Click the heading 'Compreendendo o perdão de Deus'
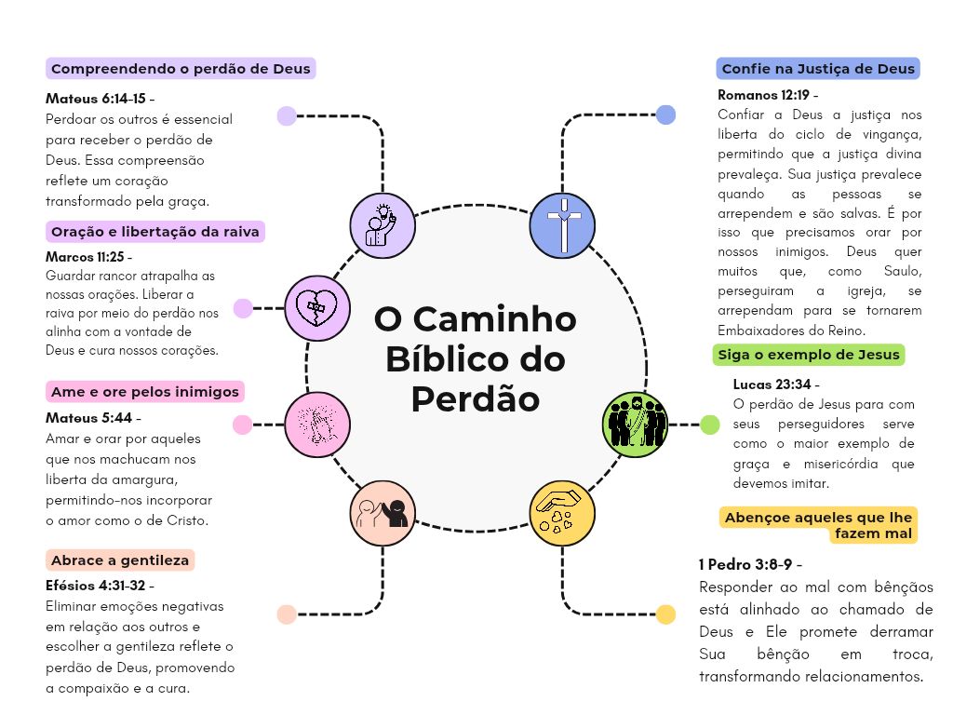pos(181,69)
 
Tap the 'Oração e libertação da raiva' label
pos(155,232)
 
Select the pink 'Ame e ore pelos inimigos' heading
pos(145,392)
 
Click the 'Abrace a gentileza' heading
pos(120,560)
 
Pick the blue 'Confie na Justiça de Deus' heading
pos(818,69)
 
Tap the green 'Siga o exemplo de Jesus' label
pos(809,355)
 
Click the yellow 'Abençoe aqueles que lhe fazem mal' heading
pos(818,525)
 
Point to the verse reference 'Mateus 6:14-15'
pos(96,99)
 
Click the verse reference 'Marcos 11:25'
pos(85,257)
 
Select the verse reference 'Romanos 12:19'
pos(763,95)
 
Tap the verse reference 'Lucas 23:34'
pos(772,384)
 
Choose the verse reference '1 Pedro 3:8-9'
pos(745,565)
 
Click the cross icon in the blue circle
pos(563,225)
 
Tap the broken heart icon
pos(317,307)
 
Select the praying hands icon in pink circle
pos(317,425)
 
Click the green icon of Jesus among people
pos(635,425)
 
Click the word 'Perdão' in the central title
pos(476,399)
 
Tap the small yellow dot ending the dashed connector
pos(666,614)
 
